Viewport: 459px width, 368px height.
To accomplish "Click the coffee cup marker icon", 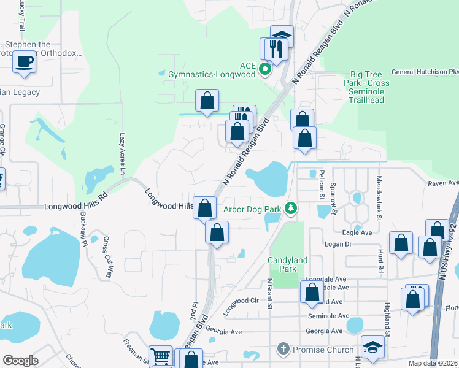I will pyautogui.click(x=25, y=62).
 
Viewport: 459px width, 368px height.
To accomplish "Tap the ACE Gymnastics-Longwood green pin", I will pyautogui.click(x=265, y=69).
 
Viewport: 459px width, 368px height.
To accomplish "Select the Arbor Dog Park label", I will pyautogui.click(x=252, y=209).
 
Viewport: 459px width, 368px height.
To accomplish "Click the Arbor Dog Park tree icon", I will pyautogui.click(x=291, y=209).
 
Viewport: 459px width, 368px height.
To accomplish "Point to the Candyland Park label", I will pyautogui.click(x=287, y=264).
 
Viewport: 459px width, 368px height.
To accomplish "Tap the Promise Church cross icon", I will pyautogui.click(x=283, y=350).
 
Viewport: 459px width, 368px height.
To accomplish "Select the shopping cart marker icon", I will pyautogui.click(x=160, y=356).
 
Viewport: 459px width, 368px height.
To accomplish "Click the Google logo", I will pyautogui.click(x=20, y=361).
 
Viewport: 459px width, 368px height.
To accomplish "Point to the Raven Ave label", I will pyautogui.click(x=444, y=183).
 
